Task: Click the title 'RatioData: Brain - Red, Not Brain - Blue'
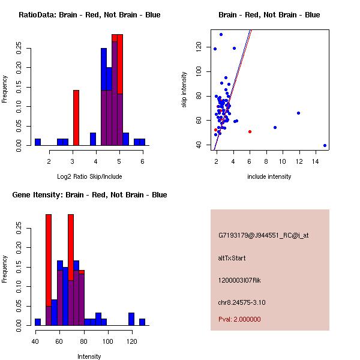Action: click(x=89, y=15)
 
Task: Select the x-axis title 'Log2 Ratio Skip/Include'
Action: click(x=89, y=176)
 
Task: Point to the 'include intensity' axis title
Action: click(x=269, y=176)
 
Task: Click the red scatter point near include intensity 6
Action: click(x=250, y=131)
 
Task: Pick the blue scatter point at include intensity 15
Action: click(x=325, y=145)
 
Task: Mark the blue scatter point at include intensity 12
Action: click(x=298, y=113)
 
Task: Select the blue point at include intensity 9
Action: click(x=275, y=127)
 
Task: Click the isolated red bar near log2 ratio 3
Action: click(x=76, y=118)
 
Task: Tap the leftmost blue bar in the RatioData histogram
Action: click(x=38, y=142)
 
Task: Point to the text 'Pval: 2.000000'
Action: click(x=239, y=319)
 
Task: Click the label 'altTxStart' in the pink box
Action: click(x=232, y=258)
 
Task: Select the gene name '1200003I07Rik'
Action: click(x=239, y=280)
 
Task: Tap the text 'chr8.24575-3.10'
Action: click(x=242, y=302)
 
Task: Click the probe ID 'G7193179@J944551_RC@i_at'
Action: click(x=263, y=236)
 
